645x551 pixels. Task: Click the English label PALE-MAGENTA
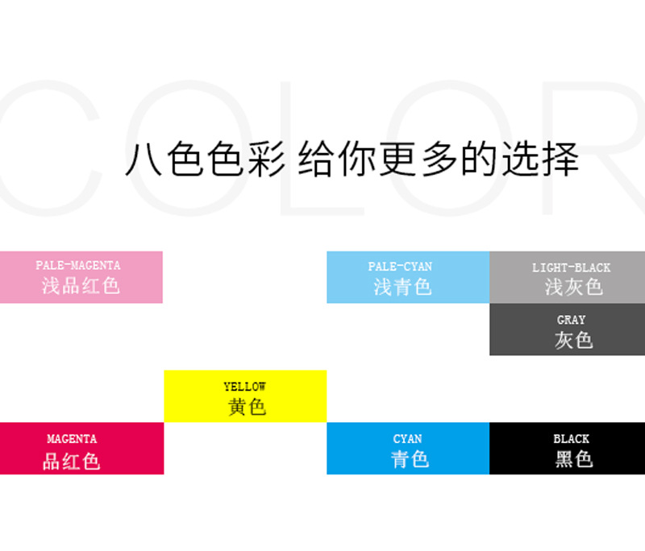(x=78, y=266)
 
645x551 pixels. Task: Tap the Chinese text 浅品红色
(x=81, y=285)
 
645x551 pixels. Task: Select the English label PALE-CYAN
(x=400, y=267)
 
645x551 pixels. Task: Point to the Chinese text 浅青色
(x=402, y=287)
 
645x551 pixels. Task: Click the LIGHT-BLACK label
(x=572, y=268)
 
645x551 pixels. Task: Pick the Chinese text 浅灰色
(x=574, y=287)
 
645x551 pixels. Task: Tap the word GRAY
(x=572, y=320)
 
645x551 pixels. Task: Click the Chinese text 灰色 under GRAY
(x=574, y=340)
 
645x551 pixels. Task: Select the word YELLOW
(x=245, y=387)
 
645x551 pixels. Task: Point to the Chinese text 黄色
(x=248, y=407)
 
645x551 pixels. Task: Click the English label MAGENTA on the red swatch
(x=72, y=439)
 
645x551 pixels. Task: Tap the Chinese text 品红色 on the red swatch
(x=72, y=461)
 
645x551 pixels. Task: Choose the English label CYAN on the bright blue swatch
(x=408, y=439)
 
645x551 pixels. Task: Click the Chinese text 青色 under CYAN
(x=410, y=459)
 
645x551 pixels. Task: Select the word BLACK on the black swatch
(x=572, y=439)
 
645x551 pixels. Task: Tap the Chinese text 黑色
(x=574, y=459)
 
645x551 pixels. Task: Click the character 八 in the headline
(x=144, y=159)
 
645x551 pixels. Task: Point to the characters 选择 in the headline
(x=540, y=159)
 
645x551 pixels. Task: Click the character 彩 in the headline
(x=266, y=159)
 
